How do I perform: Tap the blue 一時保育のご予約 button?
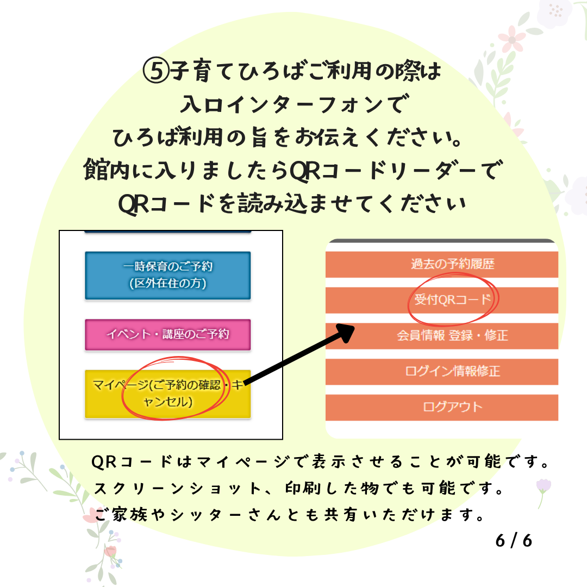(x=168, y=276)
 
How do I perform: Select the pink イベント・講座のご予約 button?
(x=168, y=335)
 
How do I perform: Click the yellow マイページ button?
(x=168, y=394)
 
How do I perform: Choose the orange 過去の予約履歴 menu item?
(x=442, y=264)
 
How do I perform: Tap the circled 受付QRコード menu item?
(x=442, y=300)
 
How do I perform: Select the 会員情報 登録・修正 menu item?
(x=442, y=336)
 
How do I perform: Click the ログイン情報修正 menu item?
(x=442, y=372)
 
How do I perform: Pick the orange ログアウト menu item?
(x=442, y=407)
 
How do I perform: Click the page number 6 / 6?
(x=514, y=541)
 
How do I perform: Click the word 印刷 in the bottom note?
(x=303, y=489)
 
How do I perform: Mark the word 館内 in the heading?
(x=107, y=170)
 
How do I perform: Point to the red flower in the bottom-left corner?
(x=110, y=552)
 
